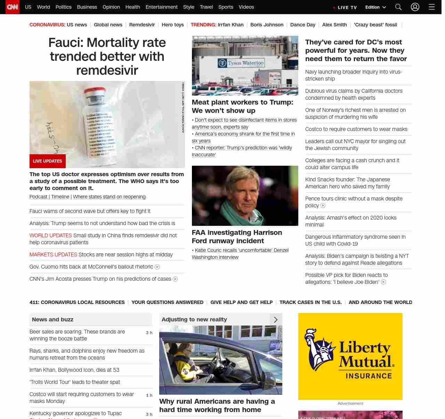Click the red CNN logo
[13, 7]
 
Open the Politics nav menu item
[63, 7]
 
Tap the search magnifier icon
[398, 7]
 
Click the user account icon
[415, 7]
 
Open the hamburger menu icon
[431, 7]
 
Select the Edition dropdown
[375, 7]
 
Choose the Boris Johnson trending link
[267, 25]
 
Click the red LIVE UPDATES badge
[48, 161]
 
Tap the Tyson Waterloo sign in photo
[241, 63]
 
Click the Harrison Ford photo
[245, 196]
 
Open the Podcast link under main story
[38, 197]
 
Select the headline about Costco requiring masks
[356, 129]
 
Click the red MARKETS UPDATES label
[53, 255]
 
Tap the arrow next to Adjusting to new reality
[276, 320]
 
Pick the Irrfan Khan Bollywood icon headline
[74, 370]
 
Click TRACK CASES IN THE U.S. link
[310, 302]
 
